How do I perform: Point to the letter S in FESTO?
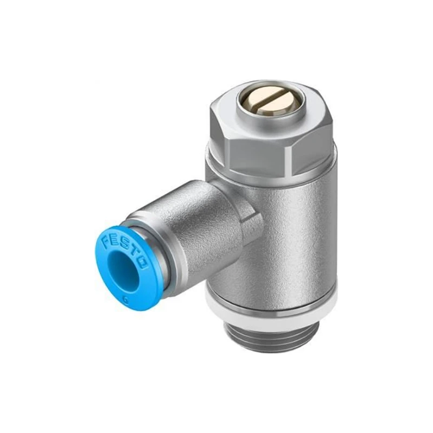[124, 244]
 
